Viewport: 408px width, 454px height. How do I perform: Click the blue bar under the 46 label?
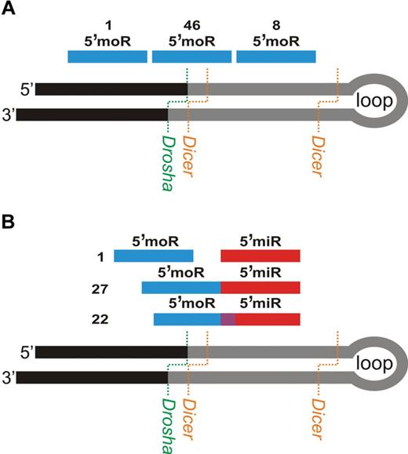pyautogui.click(x=191, y=56)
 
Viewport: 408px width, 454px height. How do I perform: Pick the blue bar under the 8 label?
pyautogui.click(x=275, y=56)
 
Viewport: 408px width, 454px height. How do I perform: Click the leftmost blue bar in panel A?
pyautogui.click(x=107, y=56)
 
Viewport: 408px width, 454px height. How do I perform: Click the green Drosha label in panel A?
pyautogui.click(x=168, y=154)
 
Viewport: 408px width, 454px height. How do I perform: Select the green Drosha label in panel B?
pyautogui.click(x=168, y=416)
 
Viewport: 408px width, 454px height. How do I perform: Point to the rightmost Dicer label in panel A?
pyautogui.click(x=317, y=154)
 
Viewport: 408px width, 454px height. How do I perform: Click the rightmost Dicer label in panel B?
pyautogui.click(x=317, y=416)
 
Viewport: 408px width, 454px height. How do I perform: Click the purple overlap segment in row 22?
pyautogui.click(x=228, y=320)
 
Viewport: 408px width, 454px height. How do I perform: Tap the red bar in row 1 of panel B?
pyautogui.click(x=260, y=256)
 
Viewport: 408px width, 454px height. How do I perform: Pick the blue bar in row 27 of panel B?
pyautogui.click(x=181, y=289)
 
